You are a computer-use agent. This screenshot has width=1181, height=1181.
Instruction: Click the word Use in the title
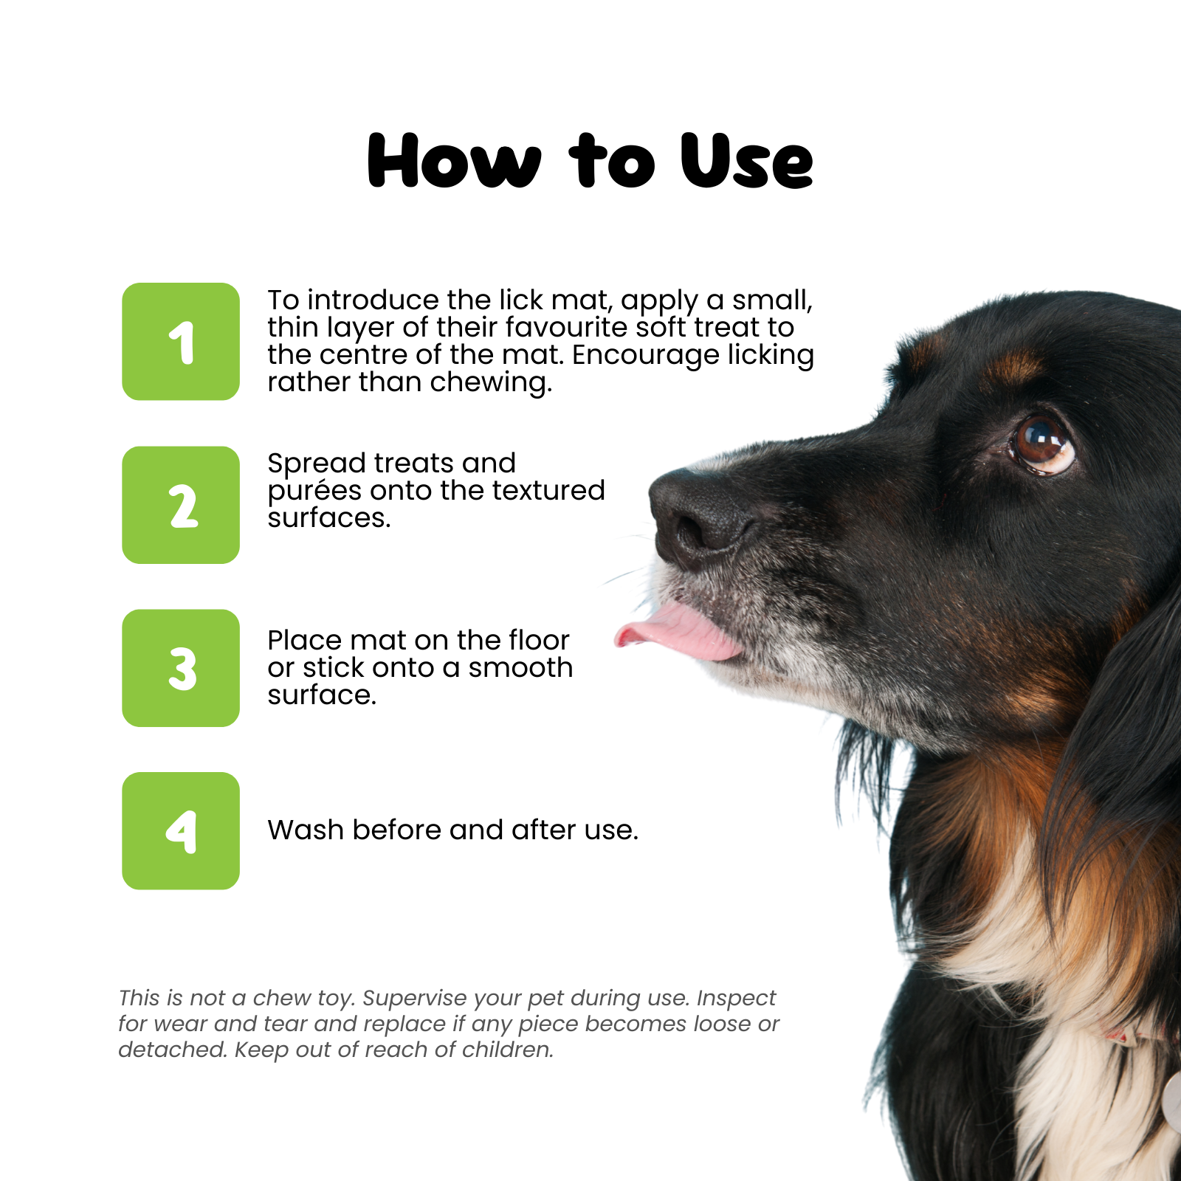tap(746, 160)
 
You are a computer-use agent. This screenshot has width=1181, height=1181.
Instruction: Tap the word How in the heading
tap(454, 160)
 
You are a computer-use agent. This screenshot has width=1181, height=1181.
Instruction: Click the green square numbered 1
tap(181, 342)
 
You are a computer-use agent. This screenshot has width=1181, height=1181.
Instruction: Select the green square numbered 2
tap(181, 505)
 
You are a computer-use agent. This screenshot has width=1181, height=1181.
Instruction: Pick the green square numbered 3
tap(181, 668)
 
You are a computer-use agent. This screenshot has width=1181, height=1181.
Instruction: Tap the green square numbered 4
tap(181, 831)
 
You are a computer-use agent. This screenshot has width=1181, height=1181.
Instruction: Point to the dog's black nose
tap(701, 517)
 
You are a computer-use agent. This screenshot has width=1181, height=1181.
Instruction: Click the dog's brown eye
tap(1041, 442)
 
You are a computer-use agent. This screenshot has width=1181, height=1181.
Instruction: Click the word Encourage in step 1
tap(646, 356)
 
